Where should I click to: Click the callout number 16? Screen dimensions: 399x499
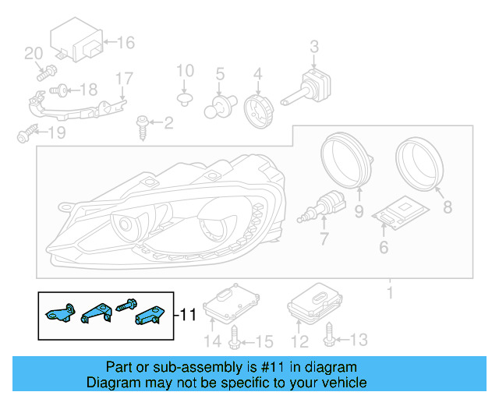tap(126, 44)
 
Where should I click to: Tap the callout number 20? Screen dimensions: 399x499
tap(34, 54)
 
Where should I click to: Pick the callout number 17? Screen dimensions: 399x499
tap(125, 79)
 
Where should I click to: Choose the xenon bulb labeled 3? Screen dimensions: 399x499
tap(309, 87)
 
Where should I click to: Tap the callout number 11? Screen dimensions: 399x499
tap(188, 315)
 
